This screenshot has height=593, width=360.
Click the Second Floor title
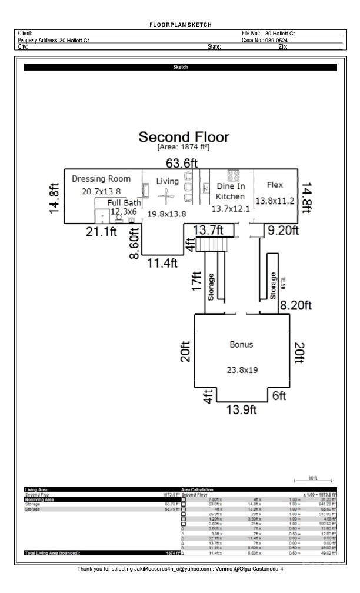184,137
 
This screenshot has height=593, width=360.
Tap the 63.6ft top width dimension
181,163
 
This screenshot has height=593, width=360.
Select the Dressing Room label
101,179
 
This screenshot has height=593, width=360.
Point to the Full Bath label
124,203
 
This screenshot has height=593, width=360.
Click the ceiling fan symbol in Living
168,198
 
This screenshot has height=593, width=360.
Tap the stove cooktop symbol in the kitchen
234,175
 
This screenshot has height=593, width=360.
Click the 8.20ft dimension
295,305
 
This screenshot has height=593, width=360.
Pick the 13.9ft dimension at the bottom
241,410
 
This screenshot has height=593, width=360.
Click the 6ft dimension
279,396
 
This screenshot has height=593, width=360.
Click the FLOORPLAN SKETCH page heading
181,25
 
